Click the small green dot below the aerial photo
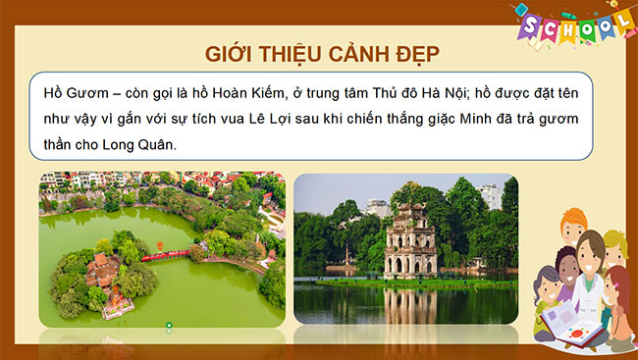click(x=169, y=324)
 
